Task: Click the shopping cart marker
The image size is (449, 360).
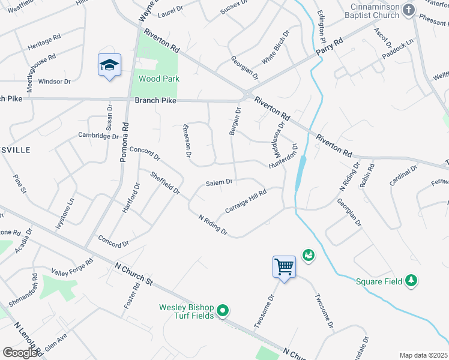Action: pyautogui.click(x=283, y=266)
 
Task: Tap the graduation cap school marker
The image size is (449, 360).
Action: pyautogui.click(x=109, y=65)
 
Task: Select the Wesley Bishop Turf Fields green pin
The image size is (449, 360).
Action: pyautogui.click(x=223, y=310)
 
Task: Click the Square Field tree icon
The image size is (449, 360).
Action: pyautogui.click(x=411, y=280)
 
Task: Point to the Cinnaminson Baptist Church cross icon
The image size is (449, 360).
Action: pyautogui.click(x=408, y=10)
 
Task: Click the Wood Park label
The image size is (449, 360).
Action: pyautogui.click(x=159, y=79)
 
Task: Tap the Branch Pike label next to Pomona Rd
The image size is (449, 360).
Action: pyautogui.click(x=155, y=101)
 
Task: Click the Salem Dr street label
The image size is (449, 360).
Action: pyautogui.click(x=218, y=182)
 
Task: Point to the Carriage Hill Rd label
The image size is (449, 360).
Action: pyautogui.click(x=245, y=202)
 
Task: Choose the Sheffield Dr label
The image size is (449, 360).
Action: pyautogui.click(x=165, y=182)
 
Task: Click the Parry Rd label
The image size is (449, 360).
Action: pyautogui.click(x=330, y=49)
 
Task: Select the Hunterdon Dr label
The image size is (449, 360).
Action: pyautogui.click(x=283, y=155)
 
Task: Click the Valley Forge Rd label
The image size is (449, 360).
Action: pyautogui.click(x=73, y=267)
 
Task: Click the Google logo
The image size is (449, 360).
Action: pyautogui.click(x=20, y=352)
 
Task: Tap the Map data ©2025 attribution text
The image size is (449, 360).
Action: pyautogui.click(x=423, y=355)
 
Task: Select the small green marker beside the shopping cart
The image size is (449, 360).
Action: pyautogui.click(x=309, y=256)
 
